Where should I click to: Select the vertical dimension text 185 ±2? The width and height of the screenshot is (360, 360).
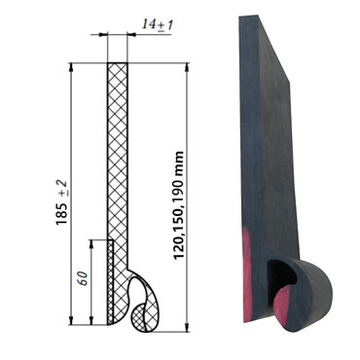tap(62, 199)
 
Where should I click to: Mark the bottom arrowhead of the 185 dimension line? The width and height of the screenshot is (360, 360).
tap(72, 322)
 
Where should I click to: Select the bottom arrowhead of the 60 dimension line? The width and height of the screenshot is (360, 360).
tap(92, 322)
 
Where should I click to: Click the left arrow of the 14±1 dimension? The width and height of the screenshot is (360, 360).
tap(104, 36)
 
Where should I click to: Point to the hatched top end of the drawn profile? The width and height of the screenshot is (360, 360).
tap(117, 71)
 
